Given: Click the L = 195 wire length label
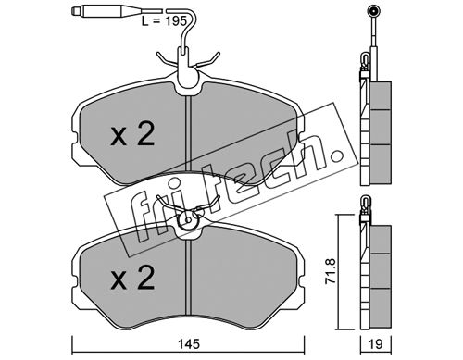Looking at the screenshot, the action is pyautogui.click(x=164, y=21).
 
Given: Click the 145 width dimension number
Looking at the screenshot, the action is pyautogui.click(x=189, y=343).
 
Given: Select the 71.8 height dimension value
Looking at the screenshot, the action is pyautogui.click(x=331, y=271).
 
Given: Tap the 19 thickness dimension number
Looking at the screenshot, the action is pyautogui.click(x=376, y=344).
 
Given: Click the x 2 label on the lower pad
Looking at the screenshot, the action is pyautogui.click(x=132, y=278).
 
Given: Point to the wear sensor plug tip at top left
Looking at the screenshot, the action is pyautogui.click(x=75, y=11).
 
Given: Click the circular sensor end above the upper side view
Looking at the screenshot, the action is pyautogui.click(x=373, y=12).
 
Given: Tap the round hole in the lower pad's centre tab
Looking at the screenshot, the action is pyautogui.click(x=188, y=220).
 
